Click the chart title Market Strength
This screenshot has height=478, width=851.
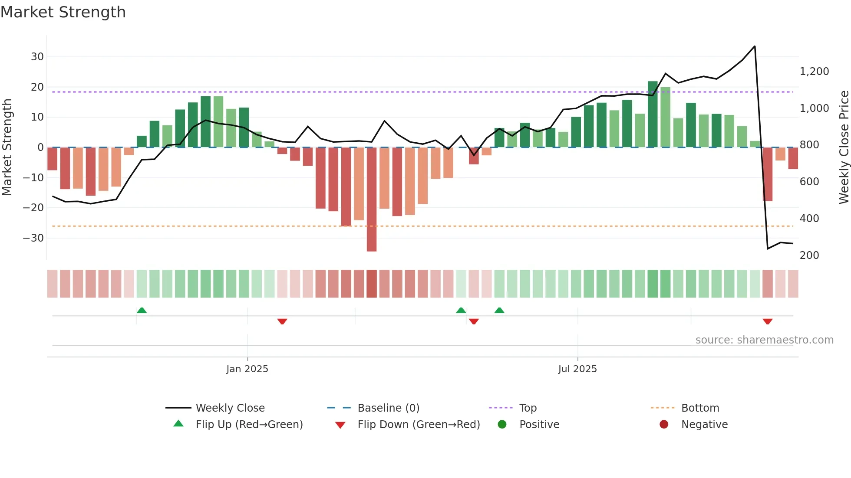click(63, 12)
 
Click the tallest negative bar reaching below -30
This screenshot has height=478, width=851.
click(371, 200)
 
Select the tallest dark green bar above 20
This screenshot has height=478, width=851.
click(652, 114)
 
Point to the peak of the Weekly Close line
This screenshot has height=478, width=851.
click(755, 46)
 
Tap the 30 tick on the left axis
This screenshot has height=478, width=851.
click(37, 57)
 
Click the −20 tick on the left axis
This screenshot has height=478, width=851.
click(33, 208)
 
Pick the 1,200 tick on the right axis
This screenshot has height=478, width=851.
click(814, 72)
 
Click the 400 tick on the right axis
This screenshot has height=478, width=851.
click(809, 219)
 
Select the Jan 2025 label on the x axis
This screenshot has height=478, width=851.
click(247, 369)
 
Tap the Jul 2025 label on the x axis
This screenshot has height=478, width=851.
click(577, 369)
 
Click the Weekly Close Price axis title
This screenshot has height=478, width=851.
click(844, 147)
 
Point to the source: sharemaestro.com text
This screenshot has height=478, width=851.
click(764, 340)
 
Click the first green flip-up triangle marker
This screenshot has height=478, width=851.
click(142, 310)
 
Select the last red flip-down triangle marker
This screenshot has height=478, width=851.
click(767, 321)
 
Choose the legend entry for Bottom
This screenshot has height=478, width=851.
click(700, 408)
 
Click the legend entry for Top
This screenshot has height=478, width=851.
click(528, 408)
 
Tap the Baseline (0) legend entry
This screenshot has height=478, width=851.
click(388, 408)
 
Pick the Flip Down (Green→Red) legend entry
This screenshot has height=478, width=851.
click(419, 425)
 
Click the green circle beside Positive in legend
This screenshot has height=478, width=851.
click(502, 425)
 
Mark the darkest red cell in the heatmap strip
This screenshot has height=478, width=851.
click(371, 284)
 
